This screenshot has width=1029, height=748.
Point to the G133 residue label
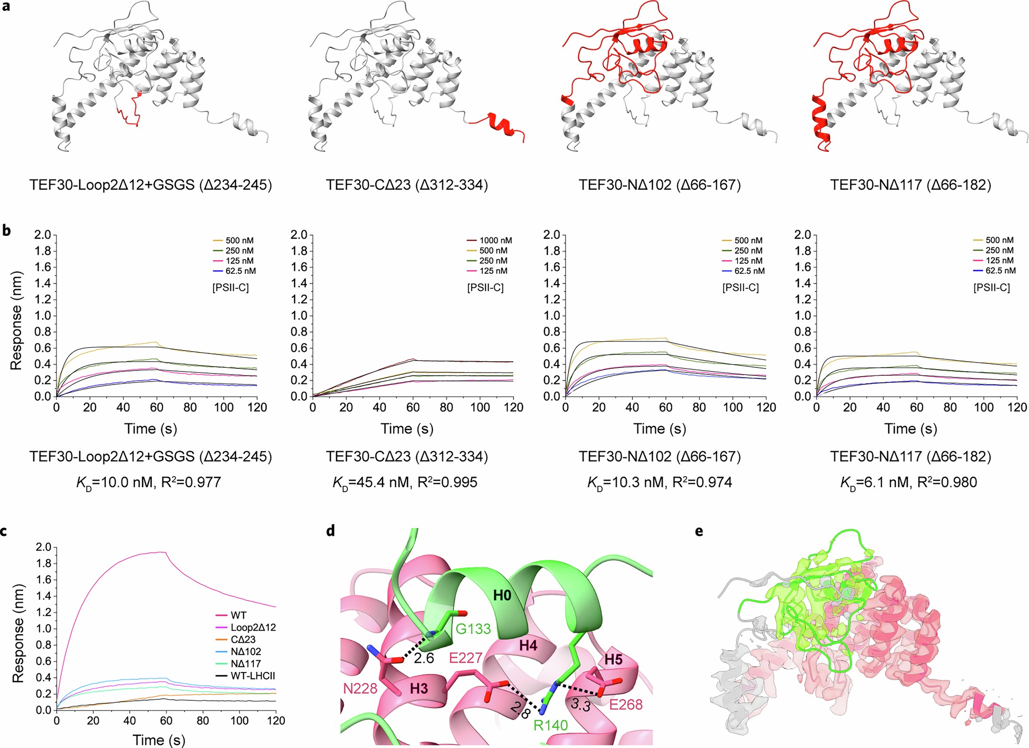(473, 629)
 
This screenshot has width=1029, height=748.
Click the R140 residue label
(551, 725)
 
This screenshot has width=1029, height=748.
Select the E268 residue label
(626, 704)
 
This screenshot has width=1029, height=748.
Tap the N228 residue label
(360, 688)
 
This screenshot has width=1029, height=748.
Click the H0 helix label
(502, 595)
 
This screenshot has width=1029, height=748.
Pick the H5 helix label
(613, 660)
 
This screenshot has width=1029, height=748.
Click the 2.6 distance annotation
(423, 658)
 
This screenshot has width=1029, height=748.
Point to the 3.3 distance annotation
(580, 705)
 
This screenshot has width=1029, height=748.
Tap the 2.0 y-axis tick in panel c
(43, 547)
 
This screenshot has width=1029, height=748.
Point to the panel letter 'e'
(699, 531)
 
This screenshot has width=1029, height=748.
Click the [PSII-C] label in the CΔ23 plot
(485, 288)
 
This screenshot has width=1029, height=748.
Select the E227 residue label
(466, 658)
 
